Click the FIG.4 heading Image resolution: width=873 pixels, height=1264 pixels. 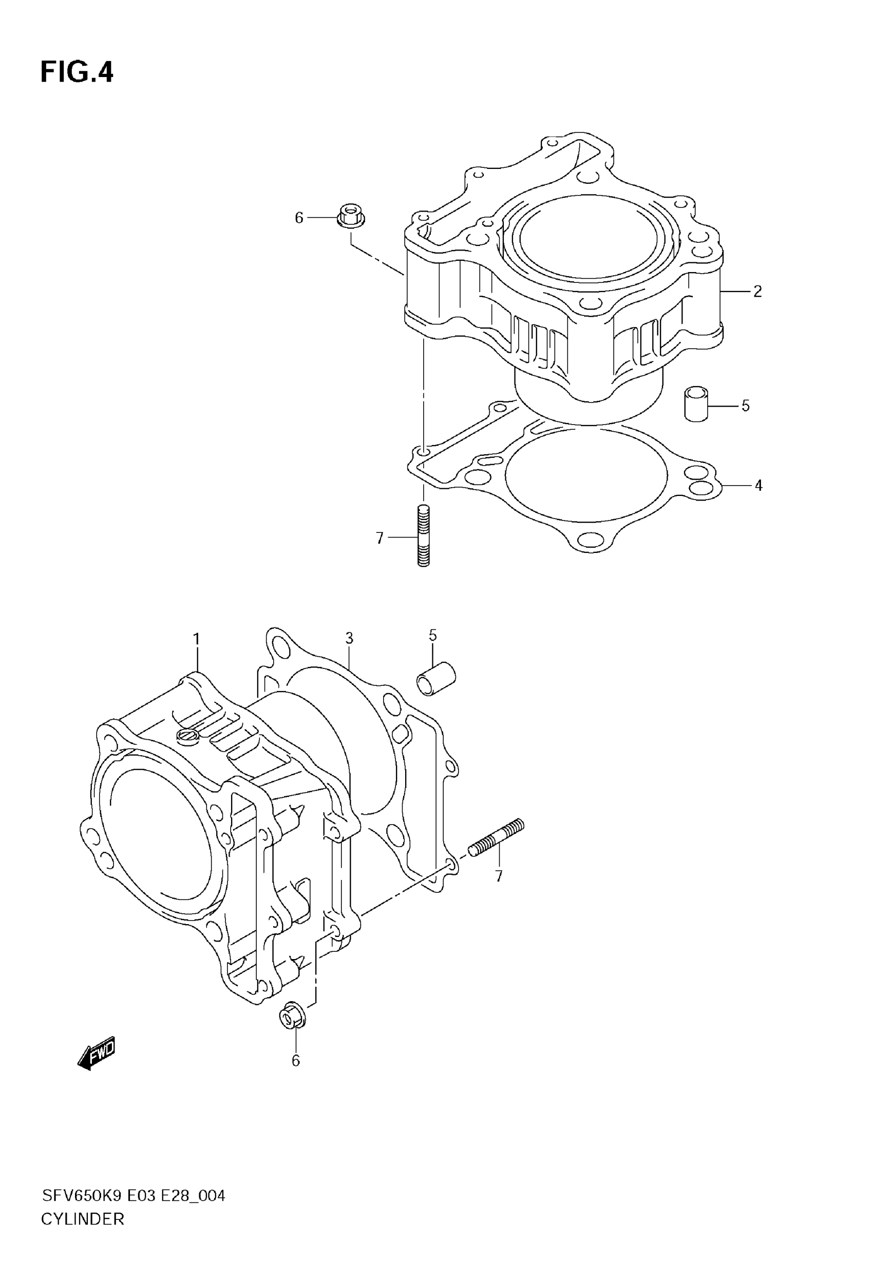click(x=77, y=72)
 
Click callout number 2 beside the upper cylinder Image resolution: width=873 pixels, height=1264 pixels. click(x=757, y=292)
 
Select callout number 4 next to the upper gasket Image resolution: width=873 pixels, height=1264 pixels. click(x=758, y=486)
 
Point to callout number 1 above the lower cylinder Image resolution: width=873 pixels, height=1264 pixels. click(x=196, y=639)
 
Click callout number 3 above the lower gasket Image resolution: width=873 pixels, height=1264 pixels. click(x=349, y=638)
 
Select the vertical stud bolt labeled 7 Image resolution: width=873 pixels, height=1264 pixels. click(x=423, y=536)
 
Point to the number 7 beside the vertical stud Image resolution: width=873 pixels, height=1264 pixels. click(x=379, y=539)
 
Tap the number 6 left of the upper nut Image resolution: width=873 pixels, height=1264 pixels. click(x=299, y=218)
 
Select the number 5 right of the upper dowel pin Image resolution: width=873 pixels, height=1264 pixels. click(x=746, y=406)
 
